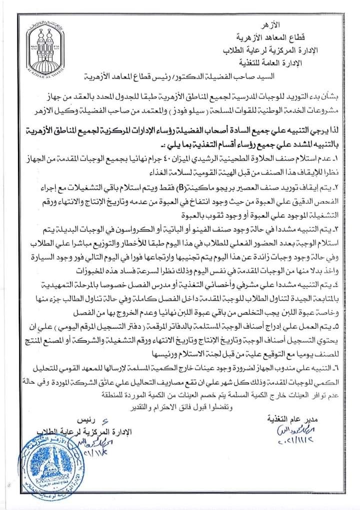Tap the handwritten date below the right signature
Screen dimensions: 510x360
click(293, 442)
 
